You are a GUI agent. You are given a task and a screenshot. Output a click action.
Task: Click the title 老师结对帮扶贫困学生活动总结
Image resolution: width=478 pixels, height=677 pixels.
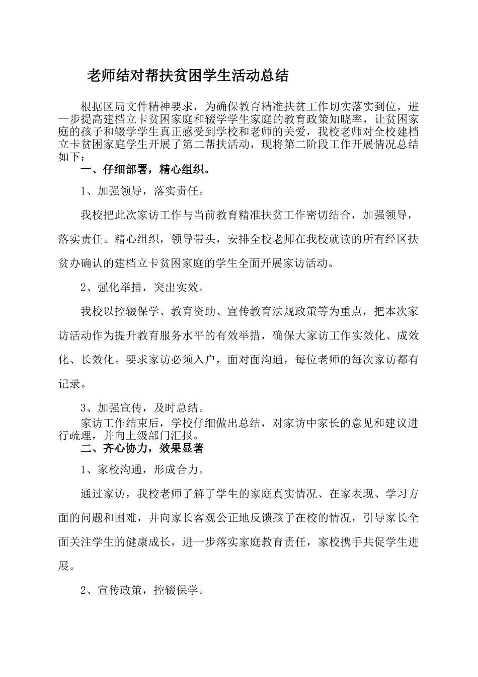[188, 76]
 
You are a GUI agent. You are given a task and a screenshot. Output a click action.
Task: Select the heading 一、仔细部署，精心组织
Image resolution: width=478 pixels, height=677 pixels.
[145, 169]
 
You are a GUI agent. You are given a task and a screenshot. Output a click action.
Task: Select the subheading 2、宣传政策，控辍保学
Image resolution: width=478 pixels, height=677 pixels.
[142, 590]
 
